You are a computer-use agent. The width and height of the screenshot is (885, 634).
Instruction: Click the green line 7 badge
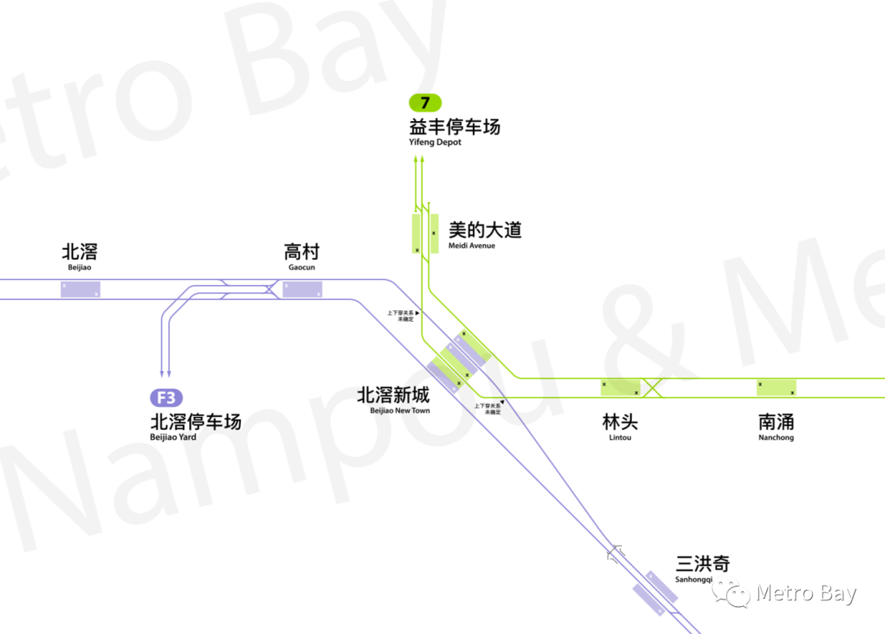pos(425,103)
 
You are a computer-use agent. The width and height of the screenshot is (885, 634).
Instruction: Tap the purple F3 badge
pos(166,398)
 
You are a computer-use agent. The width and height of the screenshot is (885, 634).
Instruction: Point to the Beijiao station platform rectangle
pos(80,289)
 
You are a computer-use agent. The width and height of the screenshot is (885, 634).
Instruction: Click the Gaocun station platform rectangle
pos(302,289)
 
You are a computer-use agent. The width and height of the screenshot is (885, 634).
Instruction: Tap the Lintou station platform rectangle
pos(620,387)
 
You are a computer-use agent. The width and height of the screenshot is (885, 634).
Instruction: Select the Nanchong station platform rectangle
pos(776,387)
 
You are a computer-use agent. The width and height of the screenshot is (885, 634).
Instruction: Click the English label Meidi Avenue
pos(472,246)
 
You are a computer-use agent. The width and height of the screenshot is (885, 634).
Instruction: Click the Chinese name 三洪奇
pos(702,564)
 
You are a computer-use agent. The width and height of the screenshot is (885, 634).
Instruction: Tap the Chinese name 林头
pos(619,423)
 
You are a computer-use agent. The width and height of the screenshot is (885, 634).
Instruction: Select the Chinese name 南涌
pos(776,423)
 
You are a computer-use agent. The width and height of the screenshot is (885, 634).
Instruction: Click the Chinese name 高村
pos(302,252)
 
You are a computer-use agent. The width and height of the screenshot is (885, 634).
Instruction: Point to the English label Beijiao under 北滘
pos(80,267)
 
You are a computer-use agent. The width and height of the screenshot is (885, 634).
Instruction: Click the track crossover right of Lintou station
pos(652,387)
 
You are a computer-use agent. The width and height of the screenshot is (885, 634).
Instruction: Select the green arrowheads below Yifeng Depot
pos(419,162)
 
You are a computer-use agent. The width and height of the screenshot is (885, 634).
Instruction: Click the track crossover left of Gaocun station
pos(246,289)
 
